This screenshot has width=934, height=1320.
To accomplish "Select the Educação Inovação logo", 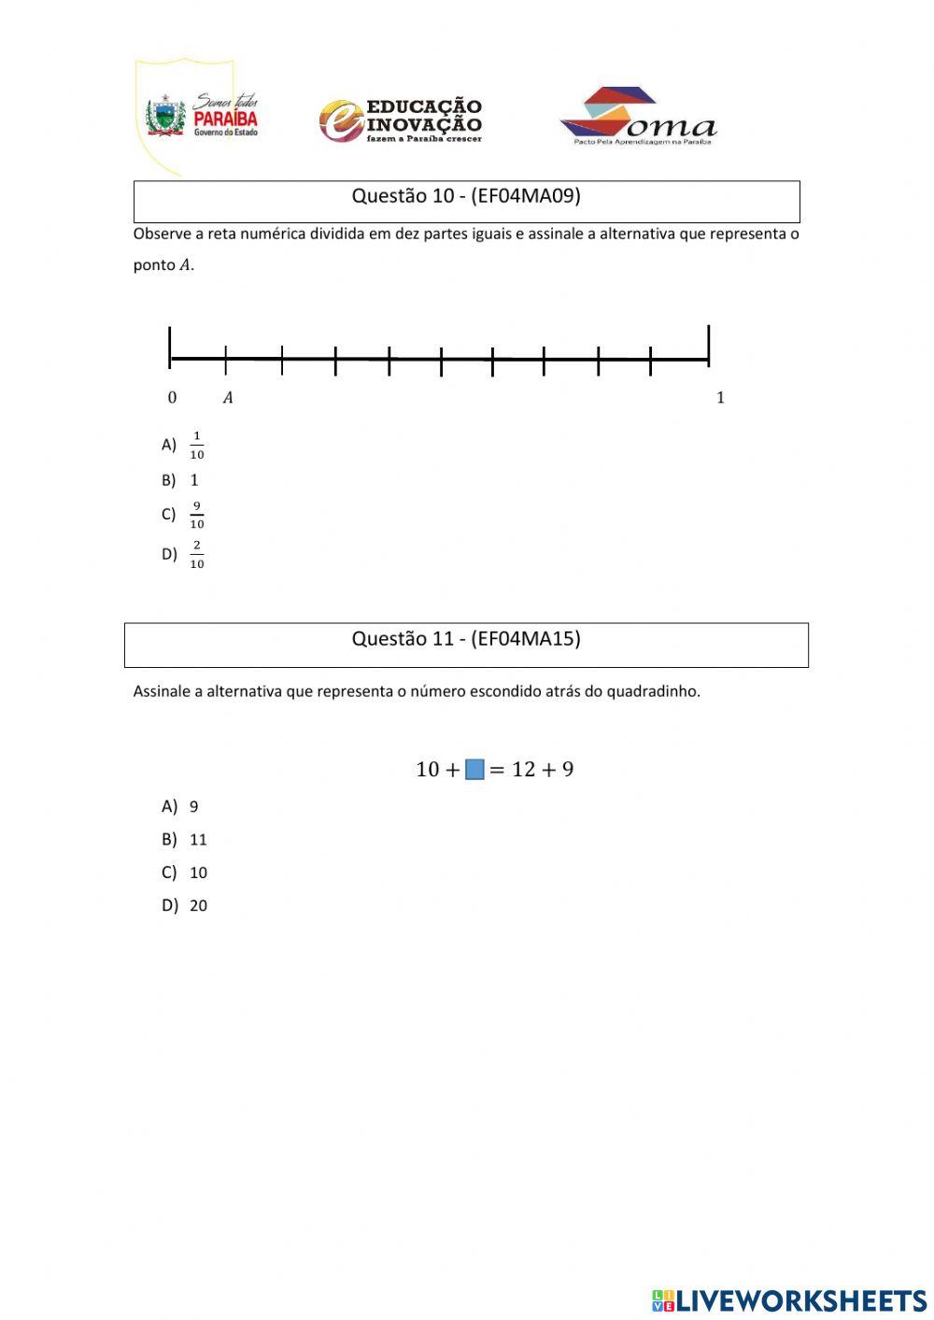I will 401,121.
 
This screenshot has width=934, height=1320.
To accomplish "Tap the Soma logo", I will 637,117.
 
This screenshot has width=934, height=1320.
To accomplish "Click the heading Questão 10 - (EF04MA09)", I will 466,196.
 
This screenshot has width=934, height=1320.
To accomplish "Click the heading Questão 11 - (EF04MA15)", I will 466,639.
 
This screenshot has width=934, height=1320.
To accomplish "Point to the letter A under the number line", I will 228,398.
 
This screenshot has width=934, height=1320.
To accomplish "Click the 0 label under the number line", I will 172,398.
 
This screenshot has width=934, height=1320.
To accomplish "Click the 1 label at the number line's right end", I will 720,398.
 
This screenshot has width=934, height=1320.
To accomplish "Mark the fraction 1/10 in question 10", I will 196,446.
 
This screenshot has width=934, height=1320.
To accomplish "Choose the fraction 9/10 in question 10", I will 196,515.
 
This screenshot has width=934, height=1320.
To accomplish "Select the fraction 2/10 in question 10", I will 196,555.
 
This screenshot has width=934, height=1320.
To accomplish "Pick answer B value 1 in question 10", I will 194,480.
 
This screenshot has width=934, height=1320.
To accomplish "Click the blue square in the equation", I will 474,770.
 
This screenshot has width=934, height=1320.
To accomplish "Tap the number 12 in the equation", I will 523,770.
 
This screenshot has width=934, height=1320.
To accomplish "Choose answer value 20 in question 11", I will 198,905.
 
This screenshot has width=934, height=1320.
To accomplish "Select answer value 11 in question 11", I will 198,840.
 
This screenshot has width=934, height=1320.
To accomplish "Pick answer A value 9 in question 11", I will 194,807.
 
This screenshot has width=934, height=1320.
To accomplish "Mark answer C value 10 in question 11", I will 198,873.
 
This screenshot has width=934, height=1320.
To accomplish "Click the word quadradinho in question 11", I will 653,692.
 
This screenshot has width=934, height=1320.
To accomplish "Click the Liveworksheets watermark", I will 789,1300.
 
